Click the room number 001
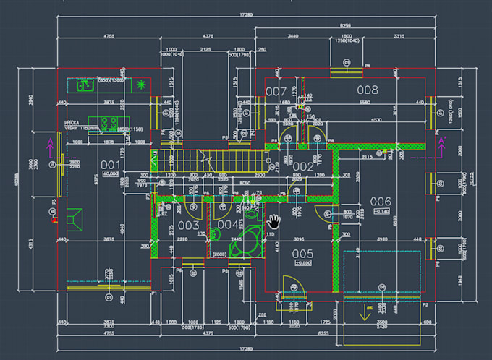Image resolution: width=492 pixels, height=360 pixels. pyautogui.click(x=110, y=164)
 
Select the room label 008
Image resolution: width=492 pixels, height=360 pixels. pyautogui.click(x=368, y=90)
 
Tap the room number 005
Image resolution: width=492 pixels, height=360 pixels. pyautogui.click(x=302, y=253)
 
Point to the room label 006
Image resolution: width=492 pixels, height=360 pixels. pyautogui.click(x=380, y=201)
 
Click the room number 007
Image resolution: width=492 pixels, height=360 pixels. pyautogui.click(x=276, y=92)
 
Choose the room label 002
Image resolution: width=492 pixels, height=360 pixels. pyautogui.click(x=303, y=167)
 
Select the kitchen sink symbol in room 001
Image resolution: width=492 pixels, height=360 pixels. pyautogui.click(x=84, y=85)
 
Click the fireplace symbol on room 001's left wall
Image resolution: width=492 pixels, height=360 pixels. pyautogui.click(x=72, y=217)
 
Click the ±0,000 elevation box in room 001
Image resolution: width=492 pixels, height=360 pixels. pyautogui.click(x=110, y=174)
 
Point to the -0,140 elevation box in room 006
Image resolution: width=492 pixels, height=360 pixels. pyautogui.click(x=381, y=211)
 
